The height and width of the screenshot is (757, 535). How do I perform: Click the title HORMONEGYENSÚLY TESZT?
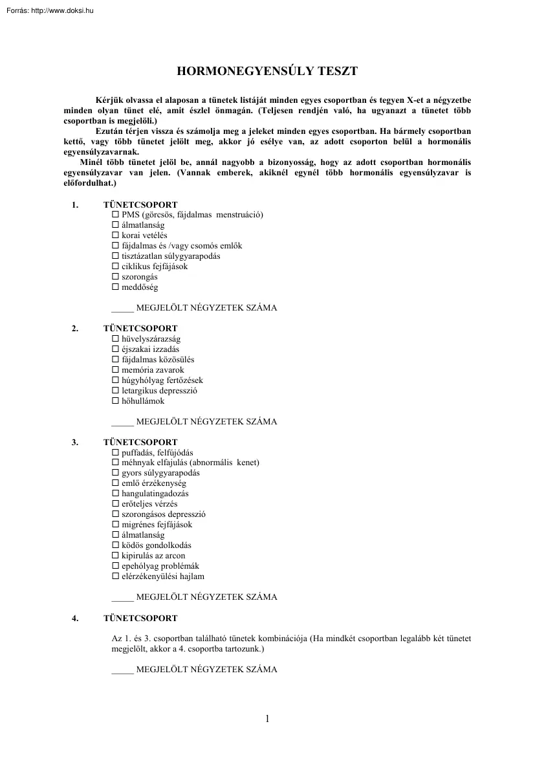coord(267,71)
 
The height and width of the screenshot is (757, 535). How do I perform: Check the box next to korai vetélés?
coord(116,236)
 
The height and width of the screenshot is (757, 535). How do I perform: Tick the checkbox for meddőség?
coord(116,287)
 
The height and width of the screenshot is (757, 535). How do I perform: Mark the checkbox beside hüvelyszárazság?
coord(116,339)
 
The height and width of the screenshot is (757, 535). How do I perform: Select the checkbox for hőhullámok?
coord(116,401)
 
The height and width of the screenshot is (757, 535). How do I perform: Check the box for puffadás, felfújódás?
coord(116,453)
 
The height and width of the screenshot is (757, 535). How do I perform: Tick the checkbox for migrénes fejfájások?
coord(116,525)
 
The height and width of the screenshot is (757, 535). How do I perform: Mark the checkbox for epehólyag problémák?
coord(116,566)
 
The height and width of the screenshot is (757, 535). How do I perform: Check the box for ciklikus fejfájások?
coord(116,267)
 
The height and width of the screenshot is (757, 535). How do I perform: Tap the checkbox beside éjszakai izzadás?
coord(116,349)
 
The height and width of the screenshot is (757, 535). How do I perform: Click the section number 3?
coord(75,443)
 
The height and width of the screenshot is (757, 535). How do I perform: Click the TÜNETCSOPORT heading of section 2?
coord(140,329)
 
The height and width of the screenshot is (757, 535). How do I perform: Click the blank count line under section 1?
coord(122,309)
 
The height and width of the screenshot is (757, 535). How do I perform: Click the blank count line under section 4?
coord(122,671)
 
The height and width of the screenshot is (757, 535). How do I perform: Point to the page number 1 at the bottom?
coord(267,719)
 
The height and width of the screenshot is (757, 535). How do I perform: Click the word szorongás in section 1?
coord(139,277)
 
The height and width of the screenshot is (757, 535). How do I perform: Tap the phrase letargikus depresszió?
coord(159,391)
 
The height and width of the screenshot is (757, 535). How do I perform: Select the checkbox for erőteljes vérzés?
coord(116,504)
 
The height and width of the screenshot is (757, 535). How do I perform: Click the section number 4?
coord(75,619)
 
